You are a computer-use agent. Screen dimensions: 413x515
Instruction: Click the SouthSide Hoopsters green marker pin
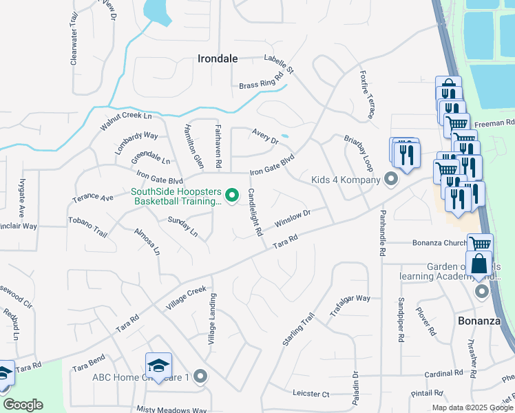232,196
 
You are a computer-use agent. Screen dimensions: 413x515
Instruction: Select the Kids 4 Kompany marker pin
391,180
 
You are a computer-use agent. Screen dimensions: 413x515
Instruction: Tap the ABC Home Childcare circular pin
200,377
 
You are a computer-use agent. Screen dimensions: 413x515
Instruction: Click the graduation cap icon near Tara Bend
158,365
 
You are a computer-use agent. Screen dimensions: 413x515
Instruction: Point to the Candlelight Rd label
254,213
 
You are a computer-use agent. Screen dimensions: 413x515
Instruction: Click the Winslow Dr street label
293,220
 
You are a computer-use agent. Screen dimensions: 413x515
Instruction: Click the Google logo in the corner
23,405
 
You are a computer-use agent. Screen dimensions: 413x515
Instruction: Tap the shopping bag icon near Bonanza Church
479,264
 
